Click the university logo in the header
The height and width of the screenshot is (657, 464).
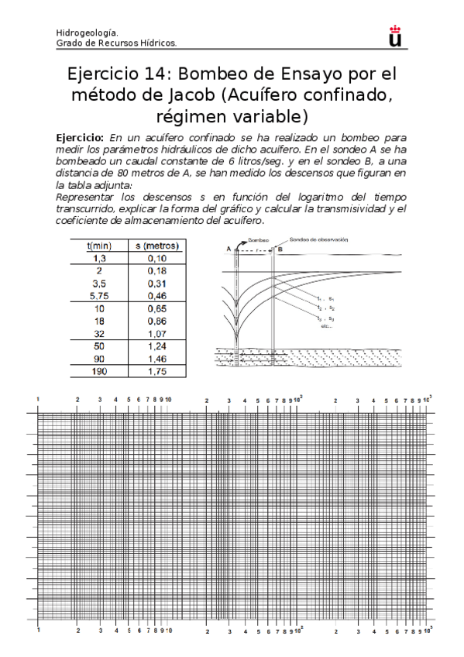(396, 36)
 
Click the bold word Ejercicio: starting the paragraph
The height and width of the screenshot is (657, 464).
(82, 136)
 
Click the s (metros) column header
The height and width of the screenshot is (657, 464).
(157, 246)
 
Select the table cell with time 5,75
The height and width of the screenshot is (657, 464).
(99, 295)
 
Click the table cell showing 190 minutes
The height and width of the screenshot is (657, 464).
(99, 371)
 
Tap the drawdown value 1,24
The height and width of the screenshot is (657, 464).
(157, 346)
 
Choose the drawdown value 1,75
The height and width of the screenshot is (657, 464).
(157, 371)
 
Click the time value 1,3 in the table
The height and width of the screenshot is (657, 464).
(99, 258)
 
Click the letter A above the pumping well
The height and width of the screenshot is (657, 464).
(229, 249)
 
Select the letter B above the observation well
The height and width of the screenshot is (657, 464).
(280, 249)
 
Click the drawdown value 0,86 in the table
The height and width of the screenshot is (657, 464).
(157, 320)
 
